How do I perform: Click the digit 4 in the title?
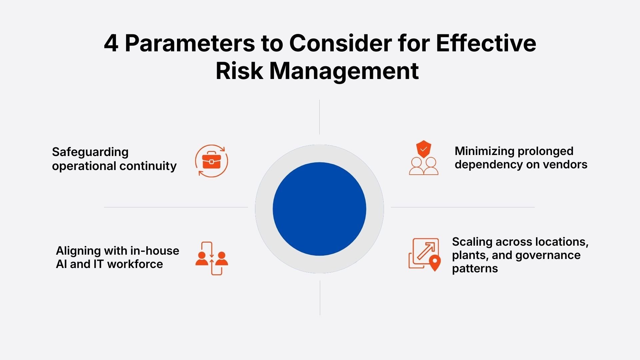tap(111, 43)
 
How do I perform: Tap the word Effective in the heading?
tap(486, 43)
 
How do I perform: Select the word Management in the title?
tap(344, 71)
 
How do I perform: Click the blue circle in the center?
tap(319, 209)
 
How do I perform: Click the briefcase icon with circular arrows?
tap(211, 161)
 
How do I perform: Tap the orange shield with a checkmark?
tap(423, 149)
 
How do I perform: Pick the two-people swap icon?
tap(212, 258)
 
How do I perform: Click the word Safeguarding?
tap(90, 152)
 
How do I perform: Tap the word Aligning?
tap(78, 251)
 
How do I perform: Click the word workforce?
tap(135, 264)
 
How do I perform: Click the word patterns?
tap(475, 269)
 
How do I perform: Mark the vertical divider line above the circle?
tap(319, 117)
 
